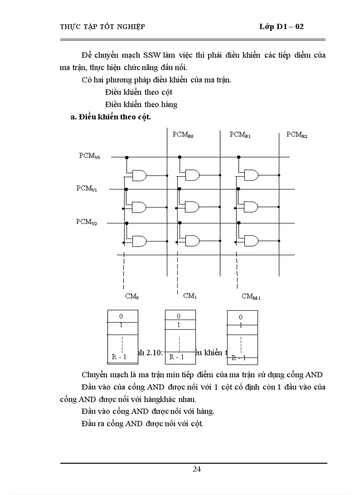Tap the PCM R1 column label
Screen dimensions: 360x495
click(x=240, y=135)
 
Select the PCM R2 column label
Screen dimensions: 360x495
click(x=297, y=135)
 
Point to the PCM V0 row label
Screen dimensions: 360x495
click(x=90, y=156)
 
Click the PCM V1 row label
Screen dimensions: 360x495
click(x=87, y=188)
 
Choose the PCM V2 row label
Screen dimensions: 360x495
click(x=86, y=222)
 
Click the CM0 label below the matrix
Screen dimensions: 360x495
click(x=132, y=297)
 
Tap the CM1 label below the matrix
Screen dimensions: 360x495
click(x=190, y=296)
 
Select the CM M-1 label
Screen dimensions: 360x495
click(x=251, y=297)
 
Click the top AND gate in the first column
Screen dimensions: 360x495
click(x=140, y=175)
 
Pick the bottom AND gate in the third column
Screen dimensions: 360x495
click(x=251, y=241)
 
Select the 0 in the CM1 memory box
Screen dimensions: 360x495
click(x=179, y=316)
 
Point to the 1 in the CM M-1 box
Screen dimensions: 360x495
click(x=241, y=325)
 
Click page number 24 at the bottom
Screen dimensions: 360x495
click(x=197, y=469)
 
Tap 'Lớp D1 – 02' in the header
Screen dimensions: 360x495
click(x=281, y=27)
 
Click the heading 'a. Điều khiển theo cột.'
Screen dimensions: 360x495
click(x=111, y=117)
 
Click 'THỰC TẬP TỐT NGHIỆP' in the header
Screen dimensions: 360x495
click(x=102, y=27)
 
